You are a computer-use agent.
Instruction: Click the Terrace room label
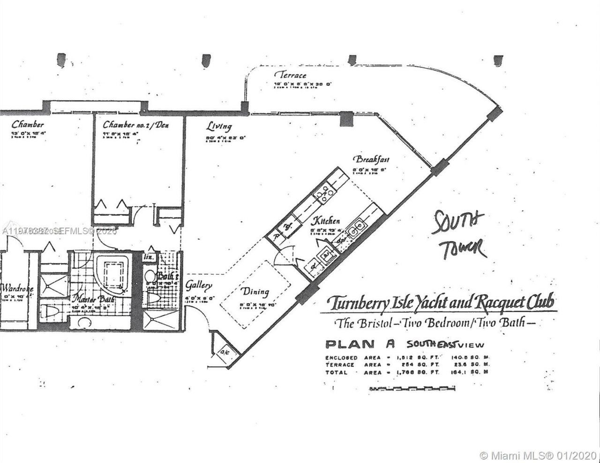pos(290,75)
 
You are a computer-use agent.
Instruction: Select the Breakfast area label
pos(371,159)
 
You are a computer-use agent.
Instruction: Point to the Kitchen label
pos(326,221)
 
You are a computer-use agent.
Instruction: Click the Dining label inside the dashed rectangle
pos(255,292)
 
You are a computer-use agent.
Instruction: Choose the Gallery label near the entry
pos(199,285)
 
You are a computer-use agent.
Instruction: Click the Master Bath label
pos(91,299)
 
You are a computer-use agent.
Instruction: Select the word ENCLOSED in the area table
pos(341,358)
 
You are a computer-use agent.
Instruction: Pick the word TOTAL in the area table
pos(336,373)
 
